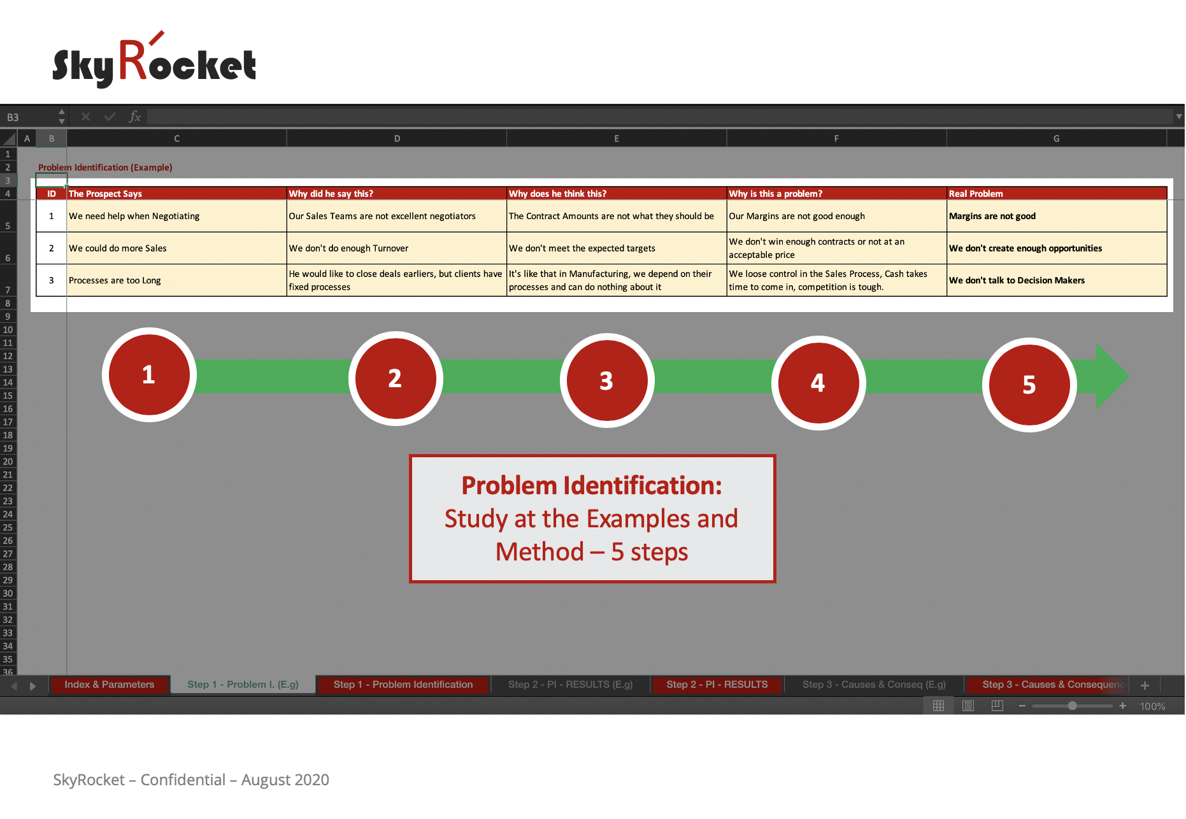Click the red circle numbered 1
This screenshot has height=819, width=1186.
coord(149,374)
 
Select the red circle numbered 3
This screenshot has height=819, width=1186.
coord(607,380)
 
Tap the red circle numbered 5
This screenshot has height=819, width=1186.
coord(1029,385)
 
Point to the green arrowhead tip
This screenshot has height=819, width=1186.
coord(1129,376)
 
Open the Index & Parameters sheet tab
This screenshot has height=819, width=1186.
coord(110,685)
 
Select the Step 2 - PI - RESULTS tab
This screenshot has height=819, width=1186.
coord(717,685)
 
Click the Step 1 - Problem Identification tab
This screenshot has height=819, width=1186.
coord(403,685)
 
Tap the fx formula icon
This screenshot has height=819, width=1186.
coord(134,117)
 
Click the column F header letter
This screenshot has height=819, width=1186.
coord(836,138)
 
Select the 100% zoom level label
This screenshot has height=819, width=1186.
coord(1152,706)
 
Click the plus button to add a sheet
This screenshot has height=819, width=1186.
coord(1145,685)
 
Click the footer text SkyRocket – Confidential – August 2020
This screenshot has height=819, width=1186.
coord(191,780)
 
